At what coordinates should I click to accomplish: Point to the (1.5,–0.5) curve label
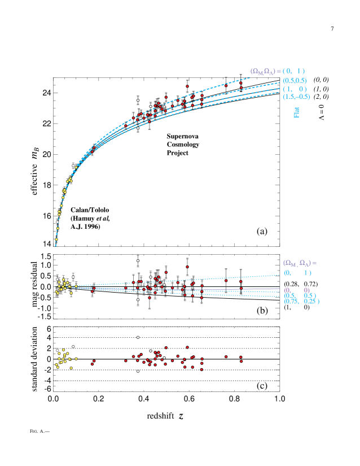click(296, 97)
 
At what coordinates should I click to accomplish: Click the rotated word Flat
click(296, 112)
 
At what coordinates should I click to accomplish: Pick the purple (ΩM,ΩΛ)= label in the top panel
click(263, 71)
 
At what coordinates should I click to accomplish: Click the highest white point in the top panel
click(138, 101)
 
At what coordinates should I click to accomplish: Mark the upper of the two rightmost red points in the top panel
click(241, 83)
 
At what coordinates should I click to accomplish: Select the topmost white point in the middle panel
click(138, 260)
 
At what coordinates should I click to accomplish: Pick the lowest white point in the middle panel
click(138, 299)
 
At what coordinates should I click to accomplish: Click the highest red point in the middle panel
click(187, 267)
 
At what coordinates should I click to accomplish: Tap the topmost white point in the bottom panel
click(138, 337)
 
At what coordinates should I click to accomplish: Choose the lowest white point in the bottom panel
click(138, 371)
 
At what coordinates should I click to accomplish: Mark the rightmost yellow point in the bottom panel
click(76, 359)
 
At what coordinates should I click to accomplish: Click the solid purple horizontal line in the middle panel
click(254, 289)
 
